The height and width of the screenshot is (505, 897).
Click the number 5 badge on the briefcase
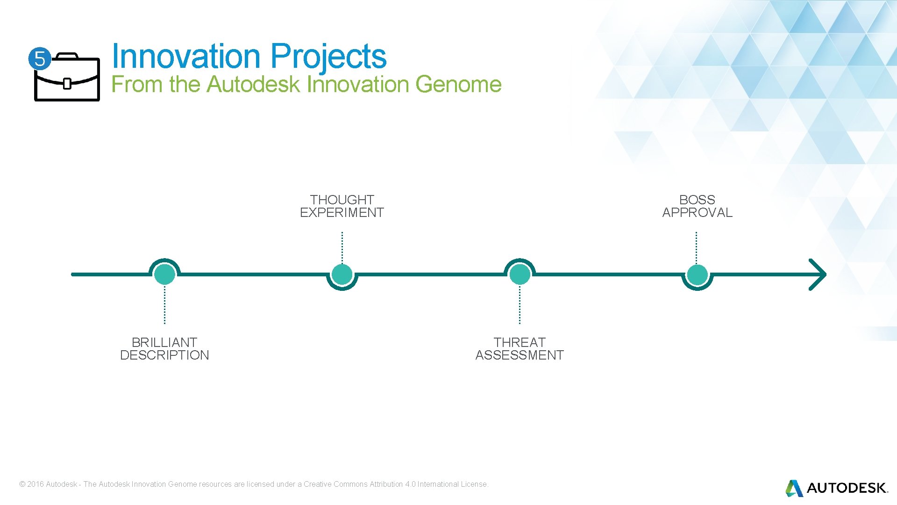pyautogui.click(x=40, y=59)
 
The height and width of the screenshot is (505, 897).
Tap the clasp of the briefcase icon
pyautogui.click(x=67, y=84)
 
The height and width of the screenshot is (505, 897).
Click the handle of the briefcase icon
pyautogui.click(x=67, y=56)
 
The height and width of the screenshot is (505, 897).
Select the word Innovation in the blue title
pyautogui.click(x=186, y=57)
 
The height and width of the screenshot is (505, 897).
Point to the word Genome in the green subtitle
pyautogui.click(x=458, y=85)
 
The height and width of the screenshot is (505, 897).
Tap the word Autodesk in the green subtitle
pyautogui.click(x=253, y=85)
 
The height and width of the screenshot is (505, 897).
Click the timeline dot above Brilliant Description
pyautogui.click(x=164, y=274)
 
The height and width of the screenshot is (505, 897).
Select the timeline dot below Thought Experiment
pyautogui.click(x=342, y=274)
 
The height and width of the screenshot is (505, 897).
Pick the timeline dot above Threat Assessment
pyautogui.click(x=520, y=274)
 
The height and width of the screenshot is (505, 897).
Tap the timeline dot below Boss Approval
pyautogui.click(x=697, y=274)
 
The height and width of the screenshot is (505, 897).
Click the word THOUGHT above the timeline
pyautogui.click(x=342, y=200)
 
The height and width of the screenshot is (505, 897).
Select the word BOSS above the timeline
pyautogui.click(x=697, y=200)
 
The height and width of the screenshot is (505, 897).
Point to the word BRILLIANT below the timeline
pyautogui.click(x=164, y=342)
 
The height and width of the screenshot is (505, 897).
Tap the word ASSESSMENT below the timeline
pyautogui.click(x=520, y=355)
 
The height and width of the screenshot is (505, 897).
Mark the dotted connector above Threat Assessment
pyautogui.click(x=520, y=305)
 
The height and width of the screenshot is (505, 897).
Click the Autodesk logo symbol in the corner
pyautogui.click(x=794, y=488)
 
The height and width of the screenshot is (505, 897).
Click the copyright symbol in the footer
pyautogui.click(x=22, y=484)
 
